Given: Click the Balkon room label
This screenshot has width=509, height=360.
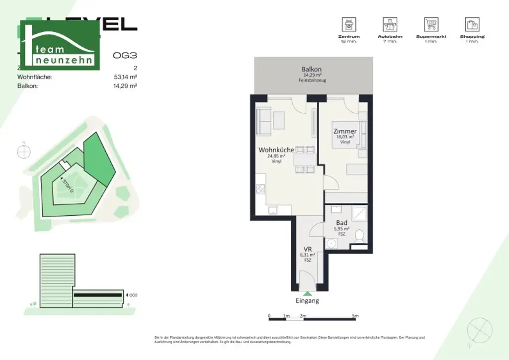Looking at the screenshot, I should (x=312, y=69).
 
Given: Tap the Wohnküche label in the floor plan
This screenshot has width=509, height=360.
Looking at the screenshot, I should (x=276, y=150).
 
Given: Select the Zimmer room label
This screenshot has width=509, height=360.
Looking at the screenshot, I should (x=345, y=132).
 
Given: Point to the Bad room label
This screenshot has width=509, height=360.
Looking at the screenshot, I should (x=341, y=223).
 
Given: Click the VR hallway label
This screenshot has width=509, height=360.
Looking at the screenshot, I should (x=307, y=250).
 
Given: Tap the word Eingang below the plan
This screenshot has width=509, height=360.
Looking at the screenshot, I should (x=307, y=301).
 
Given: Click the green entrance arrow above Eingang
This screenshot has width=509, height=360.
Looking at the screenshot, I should (x=308, y=293).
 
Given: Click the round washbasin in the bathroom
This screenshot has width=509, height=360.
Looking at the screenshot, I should (x=332, y=243).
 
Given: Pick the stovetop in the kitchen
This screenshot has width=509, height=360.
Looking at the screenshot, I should (x=260, y=189).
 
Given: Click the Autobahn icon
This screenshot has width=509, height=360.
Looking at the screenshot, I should (x=390, y=24).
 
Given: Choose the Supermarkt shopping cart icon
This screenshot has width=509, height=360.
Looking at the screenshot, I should (x=431, y=24).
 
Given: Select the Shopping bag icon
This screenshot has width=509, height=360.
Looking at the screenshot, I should (x=472, y=24).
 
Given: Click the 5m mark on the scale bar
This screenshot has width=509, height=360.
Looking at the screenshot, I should (x=355, y=316).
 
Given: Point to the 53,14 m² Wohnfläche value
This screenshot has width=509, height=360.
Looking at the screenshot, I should (x=125, y=77).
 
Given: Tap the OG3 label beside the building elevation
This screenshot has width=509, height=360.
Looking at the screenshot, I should (x=133, y=295).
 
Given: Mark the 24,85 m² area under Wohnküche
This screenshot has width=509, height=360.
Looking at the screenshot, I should (x=276, y=156).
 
